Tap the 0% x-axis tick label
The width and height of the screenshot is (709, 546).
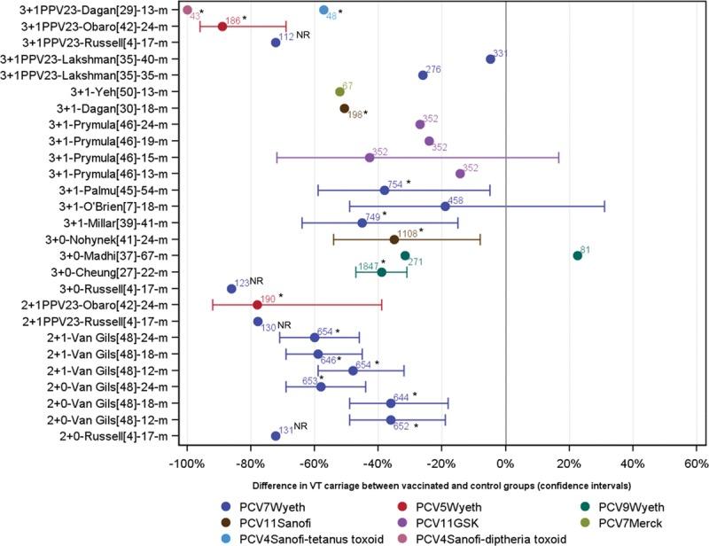coord(505,464)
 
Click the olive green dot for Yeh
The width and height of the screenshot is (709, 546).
coord(339,91)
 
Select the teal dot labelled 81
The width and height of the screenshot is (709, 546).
coord(578,255)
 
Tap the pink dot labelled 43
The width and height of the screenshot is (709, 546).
coord(187,10)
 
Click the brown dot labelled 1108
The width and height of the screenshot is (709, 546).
coord(394,239)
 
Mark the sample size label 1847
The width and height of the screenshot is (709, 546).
coord(369,265)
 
